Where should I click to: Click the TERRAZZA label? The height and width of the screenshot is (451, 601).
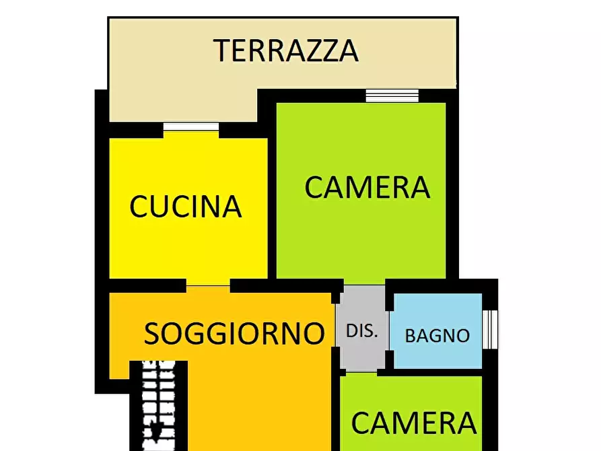285,50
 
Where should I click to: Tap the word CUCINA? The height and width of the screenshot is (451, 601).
185,207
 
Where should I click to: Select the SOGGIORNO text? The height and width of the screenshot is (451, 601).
235,333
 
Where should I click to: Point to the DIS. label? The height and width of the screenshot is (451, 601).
362,331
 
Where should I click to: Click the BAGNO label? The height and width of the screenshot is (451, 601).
437,335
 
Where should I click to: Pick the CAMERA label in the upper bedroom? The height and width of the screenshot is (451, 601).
367,187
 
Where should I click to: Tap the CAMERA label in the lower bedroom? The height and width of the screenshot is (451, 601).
414,423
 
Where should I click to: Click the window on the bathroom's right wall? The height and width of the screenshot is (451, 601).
491,329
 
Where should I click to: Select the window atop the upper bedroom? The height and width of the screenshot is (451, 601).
392,96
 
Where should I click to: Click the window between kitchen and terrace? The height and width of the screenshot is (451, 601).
191,126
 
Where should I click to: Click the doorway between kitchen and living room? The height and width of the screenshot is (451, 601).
208,285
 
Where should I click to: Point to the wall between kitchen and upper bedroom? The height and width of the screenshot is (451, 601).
272,202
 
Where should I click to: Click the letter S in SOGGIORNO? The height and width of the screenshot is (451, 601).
153,333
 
